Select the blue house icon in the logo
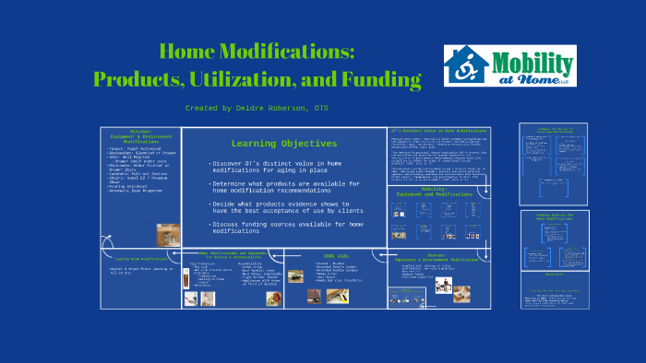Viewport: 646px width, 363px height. coord(467,65)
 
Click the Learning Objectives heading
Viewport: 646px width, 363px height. coord(283,144)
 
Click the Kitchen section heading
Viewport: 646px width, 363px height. coord(140,135)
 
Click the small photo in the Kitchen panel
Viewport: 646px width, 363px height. coord(167,234)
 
